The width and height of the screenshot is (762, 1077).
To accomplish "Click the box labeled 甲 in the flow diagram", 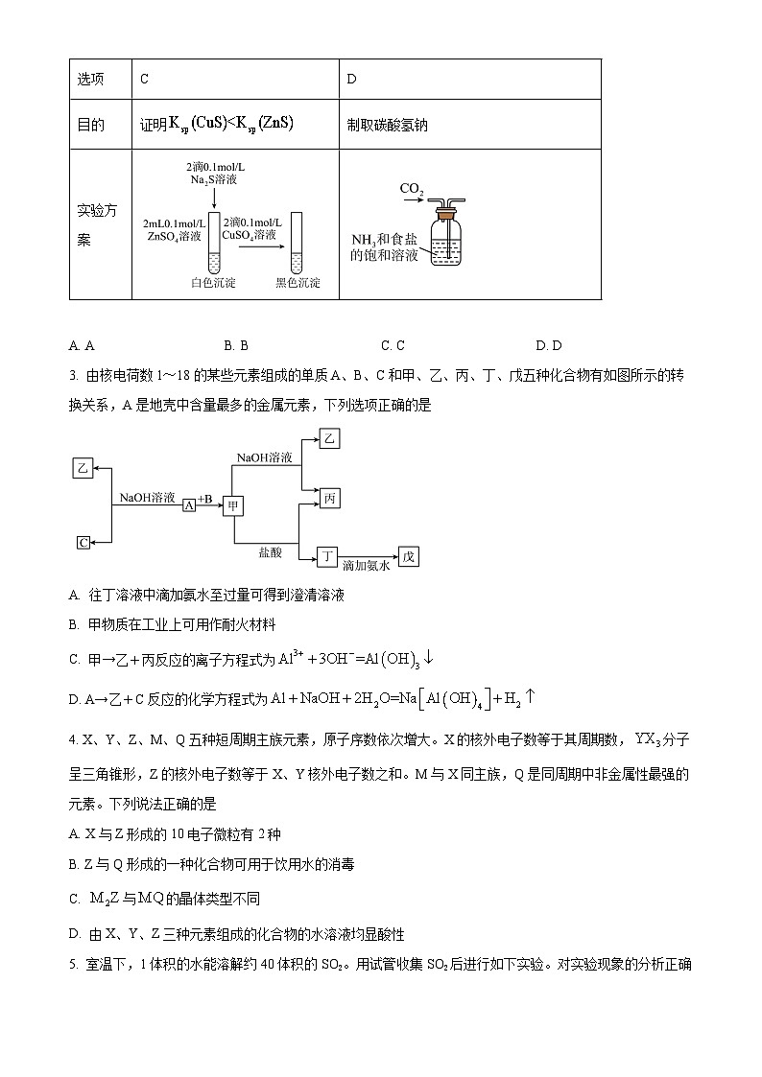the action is [x=234, y=504].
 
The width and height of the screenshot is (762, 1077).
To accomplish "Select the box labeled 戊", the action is [x=409, y=557].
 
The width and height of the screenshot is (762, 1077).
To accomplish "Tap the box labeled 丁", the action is [x=328, y=556].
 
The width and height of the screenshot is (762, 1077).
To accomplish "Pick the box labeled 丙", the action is [x=330, y=499].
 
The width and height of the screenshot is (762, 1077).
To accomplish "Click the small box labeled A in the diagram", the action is [x=189, y=504].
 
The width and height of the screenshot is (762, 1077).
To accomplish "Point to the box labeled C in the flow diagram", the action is [x=83, y=542].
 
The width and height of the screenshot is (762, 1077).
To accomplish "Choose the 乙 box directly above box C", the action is [x=83, y=468].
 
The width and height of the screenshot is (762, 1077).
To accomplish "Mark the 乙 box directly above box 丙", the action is [x=330, y=439].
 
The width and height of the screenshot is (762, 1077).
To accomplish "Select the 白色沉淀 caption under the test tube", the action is [x=213, y=283].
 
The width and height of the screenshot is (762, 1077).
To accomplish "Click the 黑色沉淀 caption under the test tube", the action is [x=298, y=283].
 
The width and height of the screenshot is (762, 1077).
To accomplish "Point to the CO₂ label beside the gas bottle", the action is [x=412, y=190].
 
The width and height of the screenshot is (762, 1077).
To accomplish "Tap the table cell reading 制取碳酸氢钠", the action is [x=388, y=126].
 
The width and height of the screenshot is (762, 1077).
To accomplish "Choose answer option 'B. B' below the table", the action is [x=236, y=345].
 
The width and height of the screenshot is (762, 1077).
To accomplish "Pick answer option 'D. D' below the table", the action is [x=549, y=345].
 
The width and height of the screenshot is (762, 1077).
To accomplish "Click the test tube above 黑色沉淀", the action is [x=296, y=245].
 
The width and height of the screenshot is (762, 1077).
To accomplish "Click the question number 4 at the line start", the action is [x=73, y=739].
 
